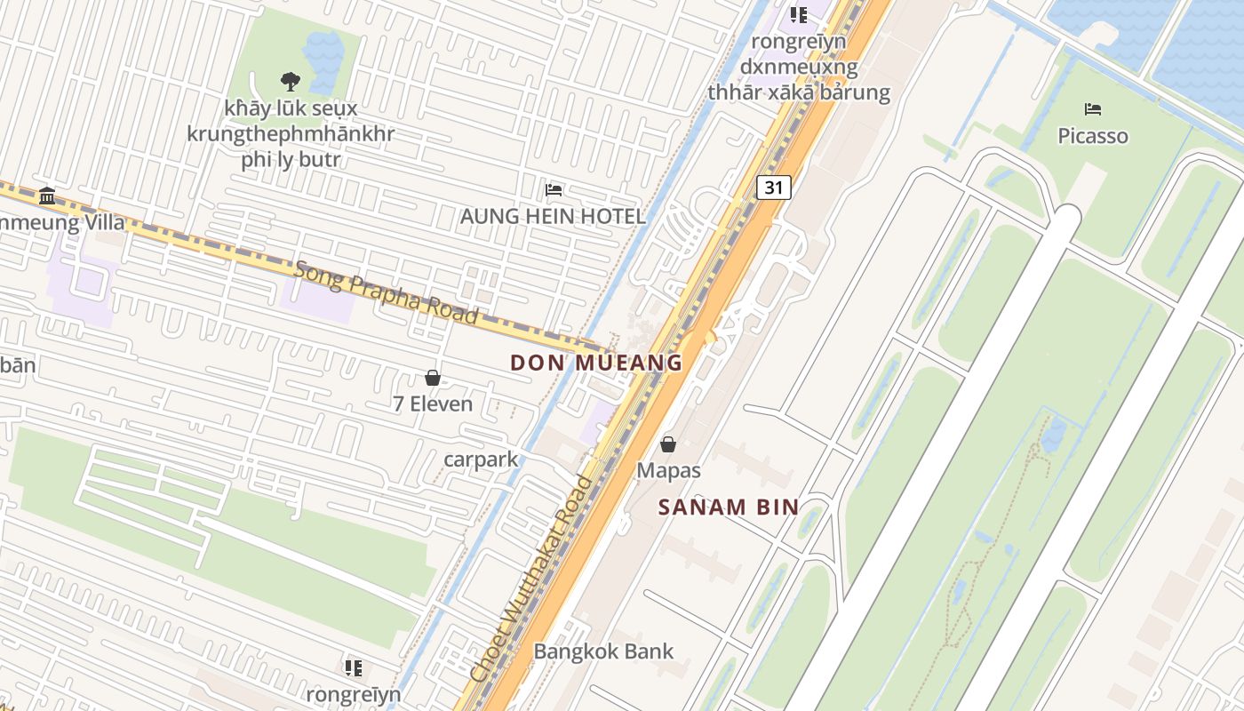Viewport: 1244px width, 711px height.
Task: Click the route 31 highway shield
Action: tap(774, 188)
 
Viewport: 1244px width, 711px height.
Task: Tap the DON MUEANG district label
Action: tap(596, 363)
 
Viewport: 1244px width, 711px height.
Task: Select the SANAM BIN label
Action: tap(728, 507)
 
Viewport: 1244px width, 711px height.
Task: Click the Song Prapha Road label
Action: tap(387, 292)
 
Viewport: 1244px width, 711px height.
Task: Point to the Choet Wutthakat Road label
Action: tap(532, 579)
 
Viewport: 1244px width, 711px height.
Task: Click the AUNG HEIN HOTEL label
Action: tap(553, 216)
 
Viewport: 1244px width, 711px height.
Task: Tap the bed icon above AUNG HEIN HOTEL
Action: tap(554, 189)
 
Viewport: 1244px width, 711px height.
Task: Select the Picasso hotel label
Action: tap(1093, 136)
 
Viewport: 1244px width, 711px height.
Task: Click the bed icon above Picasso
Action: tap(1093, 109)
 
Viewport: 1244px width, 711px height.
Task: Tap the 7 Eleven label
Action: tap(433, 404)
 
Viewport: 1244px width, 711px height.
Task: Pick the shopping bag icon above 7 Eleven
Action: tap(433, 378)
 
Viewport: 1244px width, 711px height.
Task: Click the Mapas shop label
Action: tap(668, 471)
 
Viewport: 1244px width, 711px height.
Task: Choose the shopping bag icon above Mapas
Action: tap(668, 444)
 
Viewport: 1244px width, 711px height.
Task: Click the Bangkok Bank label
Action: tap(603, 651)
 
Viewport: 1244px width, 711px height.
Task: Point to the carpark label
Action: tap(481, 459)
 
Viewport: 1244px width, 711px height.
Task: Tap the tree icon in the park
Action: tap(290, 82)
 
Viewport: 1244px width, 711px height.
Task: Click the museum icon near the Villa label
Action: tap(47, 196)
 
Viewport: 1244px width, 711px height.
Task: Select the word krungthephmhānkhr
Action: tap(291, 135)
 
